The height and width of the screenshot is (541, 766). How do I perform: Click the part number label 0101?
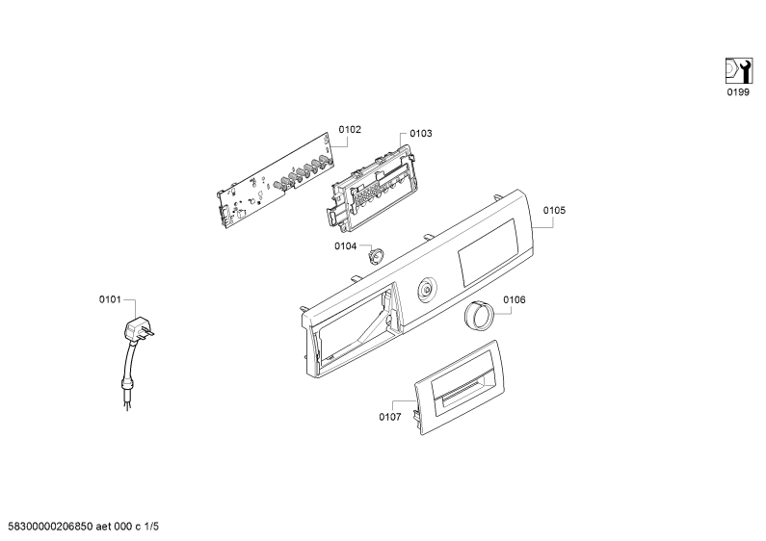(110, 299)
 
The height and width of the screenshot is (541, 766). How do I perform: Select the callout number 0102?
(350, 129)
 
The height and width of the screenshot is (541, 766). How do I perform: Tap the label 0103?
(421, 133)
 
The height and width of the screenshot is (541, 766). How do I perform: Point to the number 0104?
(345, 246)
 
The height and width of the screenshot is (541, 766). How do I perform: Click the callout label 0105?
(554, 210)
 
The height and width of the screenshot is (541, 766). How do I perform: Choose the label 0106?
(515, 299)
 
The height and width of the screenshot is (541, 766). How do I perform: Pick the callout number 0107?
(390, 417)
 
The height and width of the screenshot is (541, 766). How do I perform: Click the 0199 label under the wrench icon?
(738, 91)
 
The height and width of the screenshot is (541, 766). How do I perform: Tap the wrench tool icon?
(738, 71)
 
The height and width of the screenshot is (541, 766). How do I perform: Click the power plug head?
(138, 330)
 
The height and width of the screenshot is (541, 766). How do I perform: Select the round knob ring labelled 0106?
(478, 316)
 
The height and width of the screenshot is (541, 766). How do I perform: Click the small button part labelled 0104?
(375, 255)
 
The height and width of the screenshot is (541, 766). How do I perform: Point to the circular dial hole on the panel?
(428, 291)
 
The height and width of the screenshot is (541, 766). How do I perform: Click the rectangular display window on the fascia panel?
(489, 252)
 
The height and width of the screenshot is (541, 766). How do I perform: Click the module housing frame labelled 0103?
(371, 187)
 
